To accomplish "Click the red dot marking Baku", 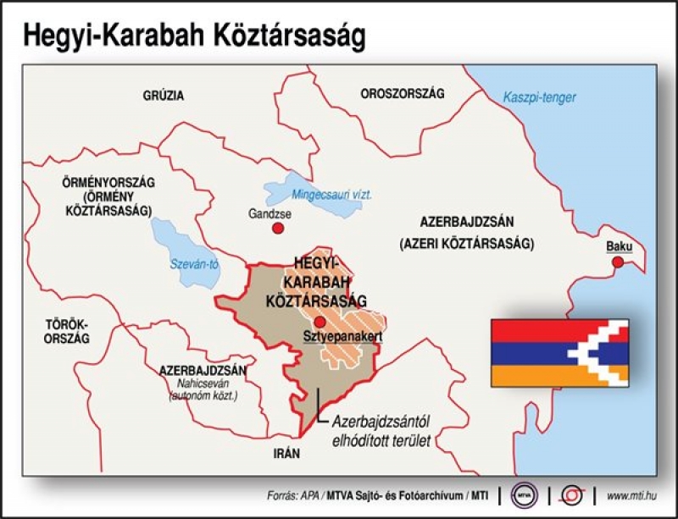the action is tap(618, 262).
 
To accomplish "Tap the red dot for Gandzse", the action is tap(278, 228).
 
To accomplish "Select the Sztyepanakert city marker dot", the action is tap(320, 322).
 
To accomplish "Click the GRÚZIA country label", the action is tap(164, 96).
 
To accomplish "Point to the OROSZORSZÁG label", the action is tap(402, 93).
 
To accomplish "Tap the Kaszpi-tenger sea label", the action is tap(539, 97).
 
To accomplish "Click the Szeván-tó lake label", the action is tap(195, 263).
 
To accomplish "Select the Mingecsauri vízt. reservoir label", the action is tap(331, 195).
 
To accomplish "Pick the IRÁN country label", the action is tap(286, 453).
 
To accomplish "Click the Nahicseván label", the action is tap(203, 384).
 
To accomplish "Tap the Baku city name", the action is tap(619, 246).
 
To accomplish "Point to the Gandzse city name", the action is tap(270, 213).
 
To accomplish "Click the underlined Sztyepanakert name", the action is tap(343, 337).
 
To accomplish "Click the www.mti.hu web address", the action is tap(631, 495).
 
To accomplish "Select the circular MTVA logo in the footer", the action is tap(524, 495).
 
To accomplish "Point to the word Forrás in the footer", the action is tap(281, 495).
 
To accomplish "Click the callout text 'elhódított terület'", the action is tap(381, 441).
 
